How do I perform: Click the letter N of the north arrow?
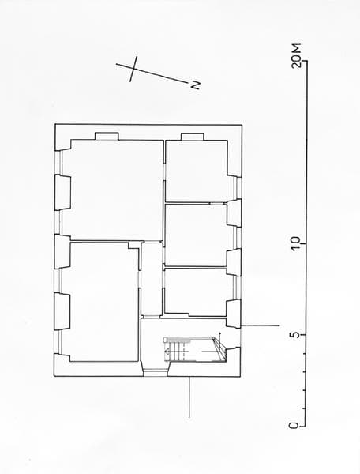196,85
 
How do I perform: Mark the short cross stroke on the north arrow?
133,69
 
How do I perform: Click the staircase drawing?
195,350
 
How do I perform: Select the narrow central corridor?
152,279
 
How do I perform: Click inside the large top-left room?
112,190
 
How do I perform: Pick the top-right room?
197,171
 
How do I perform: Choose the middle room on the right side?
196,235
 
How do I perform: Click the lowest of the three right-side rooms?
196,292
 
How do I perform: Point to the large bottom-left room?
100,302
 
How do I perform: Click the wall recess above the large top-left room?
107,137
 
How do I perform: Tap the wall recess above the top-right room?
193,137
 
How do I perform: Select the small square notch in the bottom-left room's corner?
133,245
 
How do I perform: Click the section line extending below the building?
189,397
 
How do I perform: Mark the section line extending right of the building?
261,325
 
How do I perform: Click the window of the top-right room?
238,188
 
